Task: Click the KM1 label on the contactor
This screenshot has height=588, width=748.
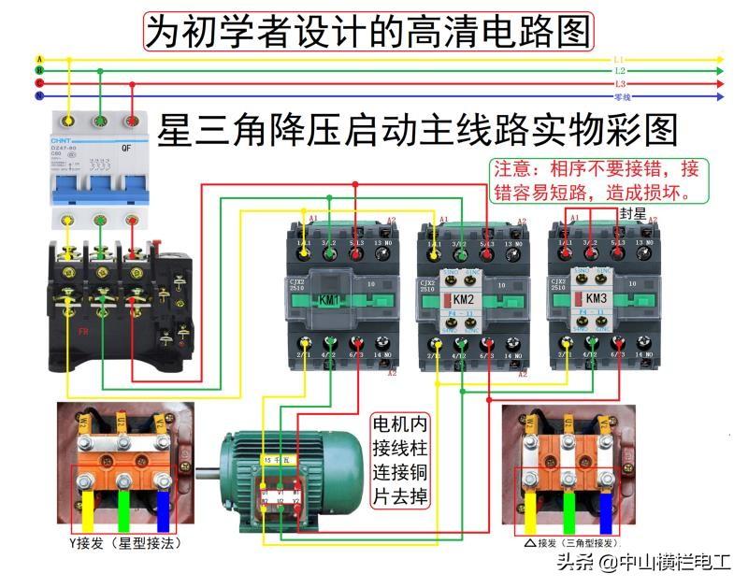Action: click(330, 300)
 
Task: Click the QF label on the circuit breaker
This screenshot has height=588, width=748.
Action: click(125, 149)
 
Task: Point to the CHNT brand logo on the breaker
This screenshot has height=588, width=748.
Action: click(61, 140)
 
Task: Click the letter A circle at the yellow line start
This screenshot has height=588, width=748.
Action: click(39, 58)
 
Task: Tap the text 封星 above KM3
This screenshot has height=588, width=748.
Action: click(632, 214)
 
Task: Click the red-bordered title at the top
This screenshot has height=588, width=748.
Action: click(368, 31)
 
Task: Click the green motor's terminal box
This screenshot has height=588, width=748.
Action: click(280, 487)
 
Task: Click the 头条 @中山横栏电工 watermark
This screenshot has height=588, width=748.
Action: click(645, 563)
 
